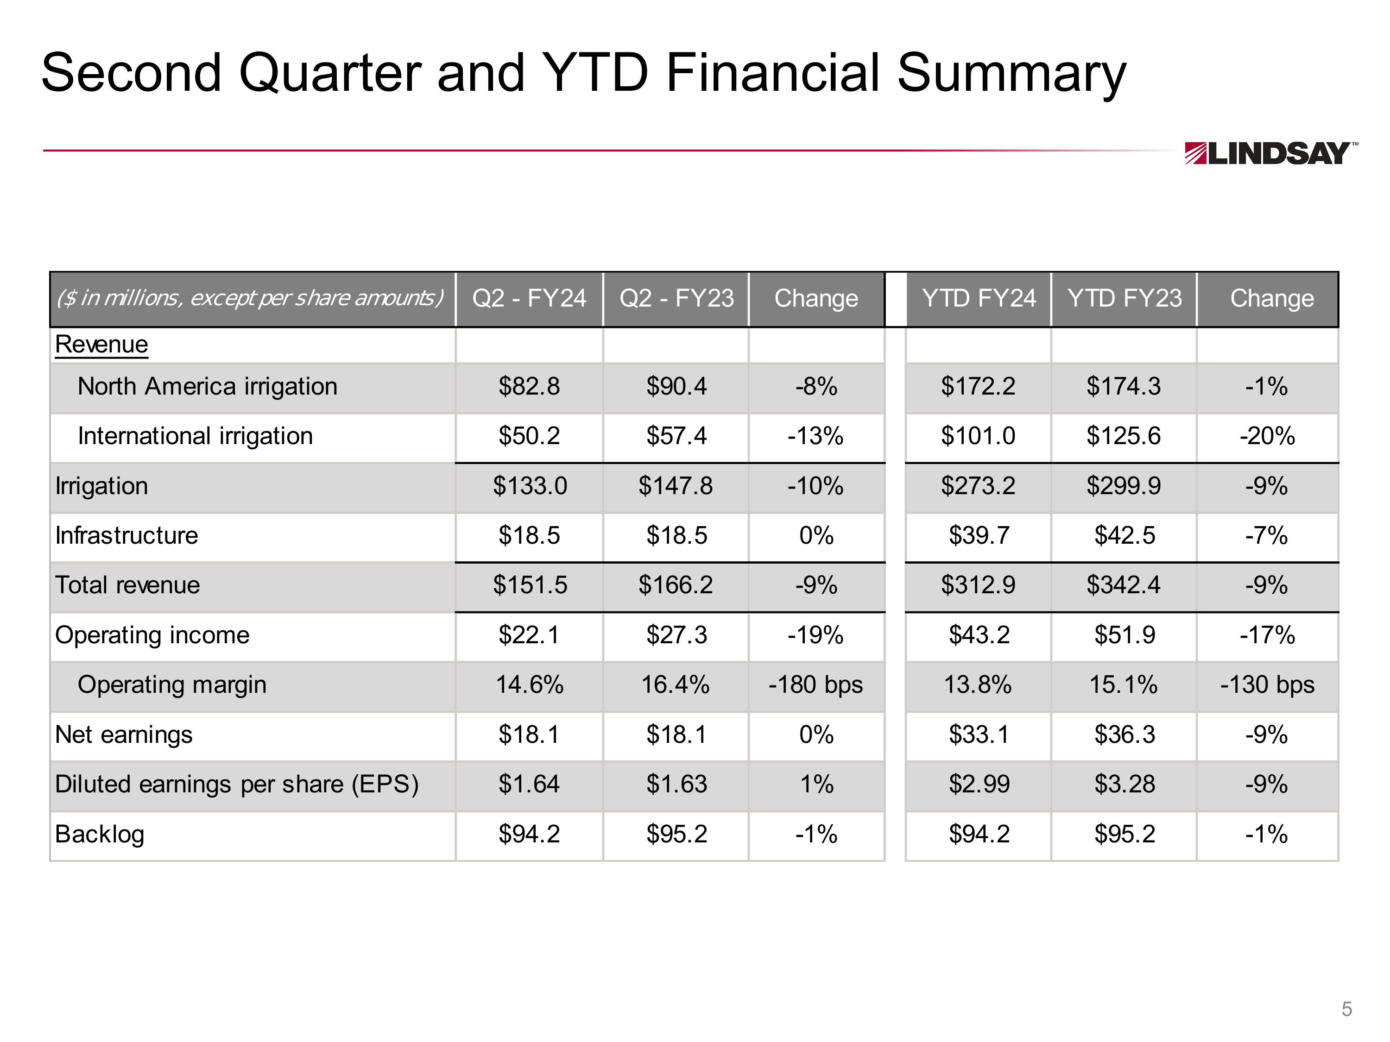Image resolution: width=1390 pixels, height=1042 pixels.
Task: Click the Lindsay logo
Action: point(1270,153)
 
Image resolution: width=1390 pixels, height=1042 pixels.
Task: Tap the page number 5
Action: point(1346,1009)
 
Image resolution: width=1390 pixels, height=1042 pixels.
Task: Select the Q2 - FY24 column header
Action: point(529,298)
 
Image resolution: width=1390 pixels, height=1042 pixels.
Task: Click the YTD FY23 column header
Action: point(1124,298)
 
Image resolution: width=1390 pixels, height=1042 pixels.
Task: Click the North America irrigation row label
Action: point(208,386)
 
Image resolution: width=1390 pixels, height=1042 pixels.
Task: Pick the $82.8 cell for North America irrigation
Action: point(529,386)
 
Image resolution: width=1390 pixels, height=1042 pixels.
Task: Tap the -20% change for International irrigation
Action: point(1267,436)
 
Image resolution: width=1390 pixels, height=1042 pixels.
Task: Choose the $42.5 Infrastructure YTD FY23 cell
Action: point(1124,536)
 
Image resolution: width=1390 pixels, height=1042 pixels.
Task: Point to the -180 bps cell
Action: point(815,684)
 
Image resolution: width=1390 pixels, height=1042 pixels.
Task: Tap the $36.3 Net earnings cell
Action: point(1124,734)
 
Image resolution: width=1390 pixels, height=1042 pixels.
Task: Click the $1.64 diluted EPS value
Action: point(529,785)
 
